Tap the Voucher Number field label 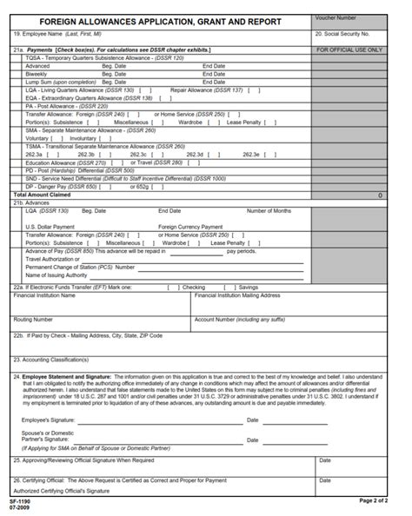[x=336, y=17]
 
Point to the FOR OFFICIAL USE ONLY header [x=349, y=50]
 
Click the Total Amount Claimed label [x=43, y=195]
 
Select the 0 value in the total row [x=380, y=195]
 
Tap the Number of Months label [x=269, y=210]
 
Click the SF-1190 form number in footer [x=19, y=501]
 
